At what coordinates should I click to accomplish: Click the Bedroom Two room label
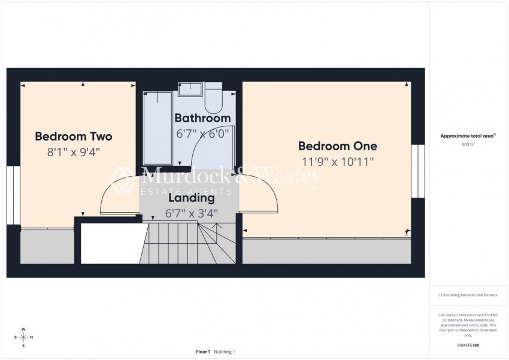[x=73, y=137]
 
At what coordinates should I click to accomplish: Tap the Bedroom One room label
[x=338, y=146]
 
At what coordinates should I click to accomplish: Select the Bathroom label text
[x=202, y=119]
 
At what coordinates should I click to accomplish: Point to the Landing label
[x=191, y=198]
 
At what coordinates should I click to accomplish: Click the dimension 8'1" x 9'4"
[x=73, y=152]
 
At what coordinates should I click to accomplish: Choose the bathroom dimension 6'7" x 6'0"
[x=202, y=134]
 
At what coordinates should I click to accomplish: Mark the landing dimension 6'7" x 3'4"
[x=191, y=213]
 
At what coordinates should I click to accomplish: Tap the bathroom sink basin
[x=191, y=89]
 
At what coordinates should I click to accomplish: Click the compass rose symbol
[x=23, y=337]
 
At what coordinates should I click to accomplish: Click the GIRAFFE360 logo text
[x=467, y=346]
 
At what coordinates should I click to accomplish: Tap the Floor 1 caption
[x=203, y=352]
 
